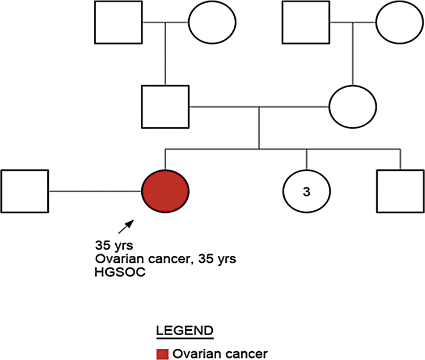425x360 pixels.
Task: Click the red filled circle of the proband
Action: coord(165,191)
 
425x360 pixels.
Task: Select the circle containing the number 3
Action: coord(306,191)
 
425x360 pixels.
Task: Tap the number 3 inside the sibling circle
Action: coord(306,192)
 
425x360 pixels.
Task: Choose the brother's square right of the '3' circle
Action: coord(399,191)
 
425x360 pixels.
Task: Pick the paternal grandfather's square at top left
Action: coord(118,22)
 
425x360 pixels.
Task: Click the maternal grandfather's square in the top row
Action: coord(305,22)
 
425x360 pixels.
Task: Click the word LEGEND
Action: coord(184,330)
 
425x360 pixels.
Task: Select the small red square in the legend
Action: coord(163,353)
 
